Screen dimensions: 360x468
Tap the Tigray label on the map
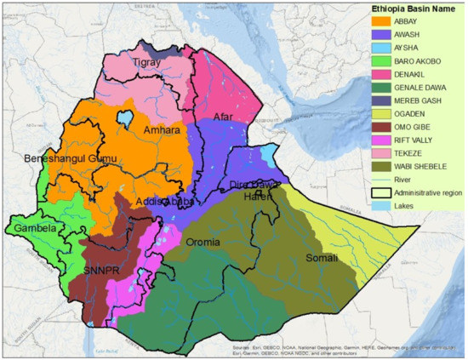click(151, 63)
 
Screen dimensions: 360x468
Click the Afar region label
click(222, 117)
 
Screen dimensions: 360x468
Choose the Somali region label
click(322, 258)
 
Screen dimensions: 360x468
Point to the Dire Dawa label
click(247, 185)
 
